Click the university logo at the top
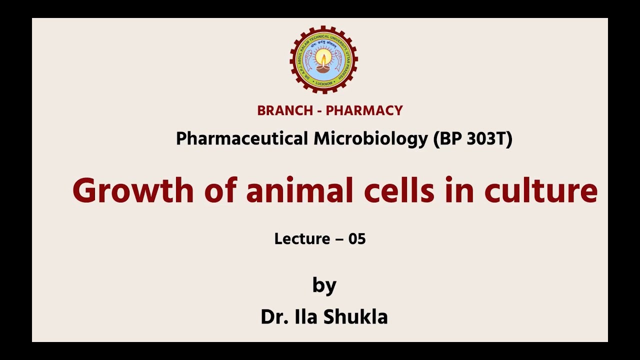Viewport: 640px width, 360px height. pyautogui.click(x=324, y=59)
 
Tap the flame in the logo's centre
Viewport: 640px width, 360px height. pyautogui.click(x=324, y=59)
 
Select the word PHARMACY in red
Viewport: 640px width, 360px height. pyautogui.click(x=364, y=110)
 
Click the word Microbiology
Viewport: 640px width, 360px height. pyautogui.click(x=370, y=139)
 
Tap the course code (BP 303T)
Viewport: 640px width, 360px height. pyautogui.click(x=472, y=139)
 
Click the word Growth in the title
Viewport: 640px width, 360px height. pyautogui.click(x=132, y=190)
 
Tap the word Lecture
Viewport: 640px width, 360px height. pyautogui.click(x=302, y=239)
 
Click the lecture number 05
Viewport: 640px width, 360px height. pyautogui.click(x=357, y=239)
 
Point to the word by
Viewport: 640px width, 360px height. pyautogui.click(x=324, y=286)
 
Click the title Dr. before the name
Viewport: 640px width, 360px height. pyautogui.click(x=272, y=316)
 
